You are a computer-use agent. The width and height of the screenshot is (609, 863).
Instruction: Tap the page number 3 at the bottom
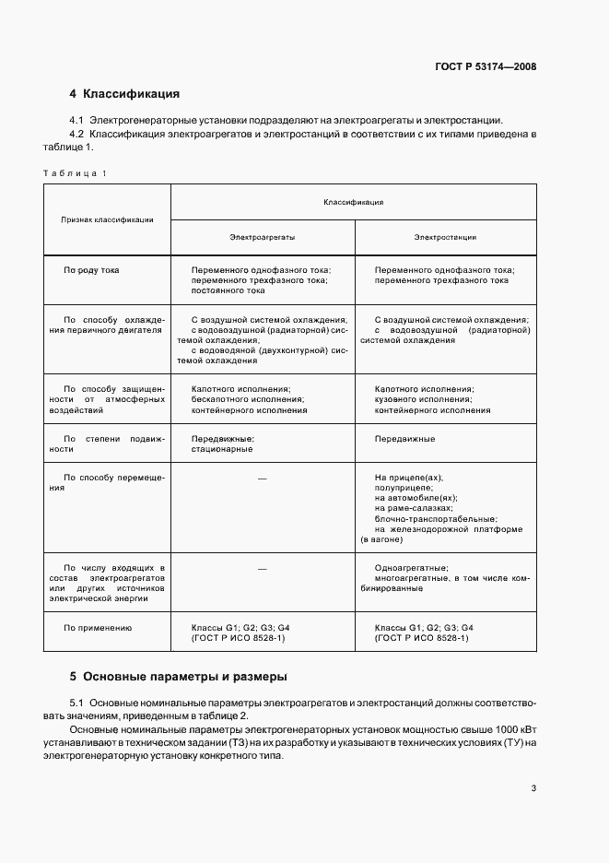534,787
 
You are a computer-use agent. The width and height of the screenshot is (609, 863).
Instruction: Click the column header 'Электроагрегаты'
262,237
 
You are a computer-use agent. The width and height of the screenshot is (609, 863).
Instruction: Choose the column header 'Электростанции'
445,237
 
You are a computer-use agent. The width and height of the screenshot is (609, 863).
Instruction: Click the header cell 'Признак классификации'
107,219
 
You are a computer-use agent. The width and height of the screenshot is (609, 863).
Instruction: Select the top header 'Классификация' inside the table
353,201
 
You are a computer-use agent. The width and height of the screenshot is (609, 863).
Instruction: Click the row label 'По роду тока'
98,270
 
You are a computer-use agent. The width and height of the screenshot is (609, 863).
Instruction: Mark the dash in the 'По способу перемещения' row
263,478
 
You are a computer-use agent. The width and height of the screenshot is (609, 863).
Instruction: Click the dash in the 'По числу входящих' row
263,568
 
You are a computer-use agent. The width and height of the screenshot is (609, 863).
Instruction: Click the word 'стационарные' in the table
222,449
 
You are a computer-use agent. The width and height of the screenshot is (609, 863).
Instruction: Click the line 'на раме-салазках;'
415,507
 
